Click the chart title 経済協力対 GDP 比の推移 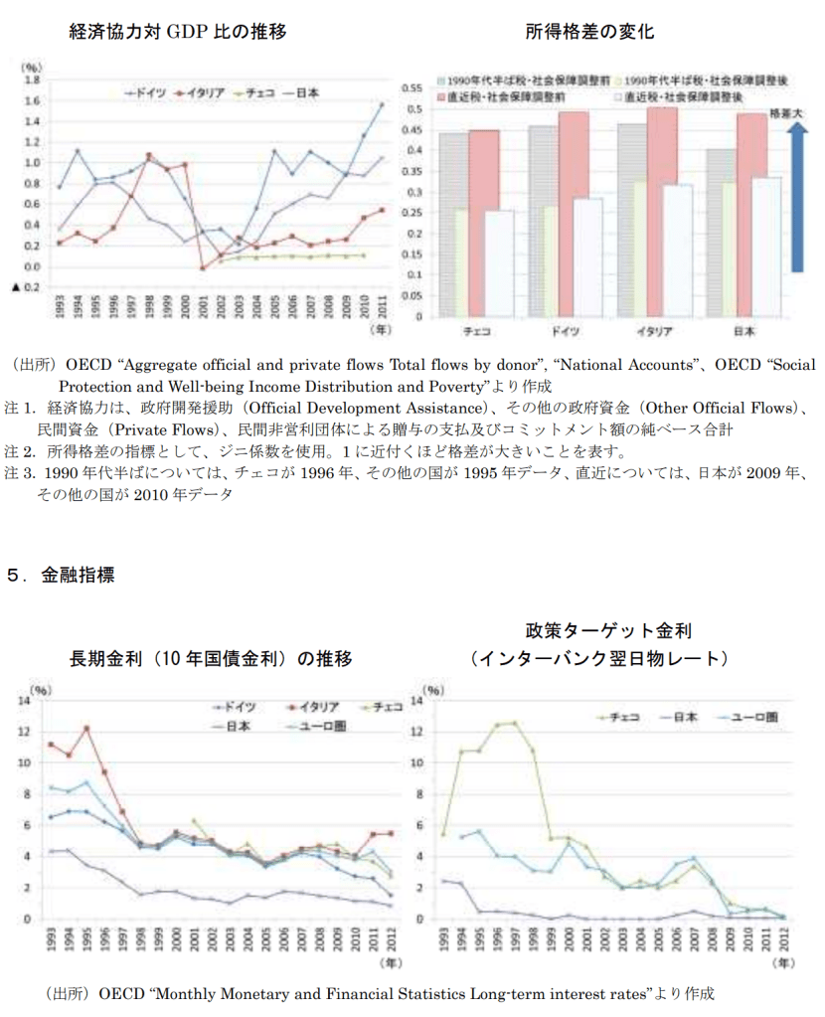pyautogui.click(x=178, y=32)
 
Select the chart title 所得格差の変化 pyautogui.click(x=589, y=32)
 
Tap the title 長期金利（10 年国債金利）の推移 pyautogui.click(x=211, y=658)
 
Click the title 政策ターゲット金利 pyautogui.click(x=607, y=631)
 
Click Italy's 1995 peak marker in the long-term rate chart pyautogui.click(x=87, y=728)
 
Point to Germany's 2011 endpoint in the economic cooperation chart pyautogui.click(x=382, y=103)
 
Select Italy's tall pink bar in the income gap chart pyautogui.click(x=662, y=209)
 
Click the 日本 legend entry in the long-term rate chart pyautogui.click(x=239, y=727)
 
